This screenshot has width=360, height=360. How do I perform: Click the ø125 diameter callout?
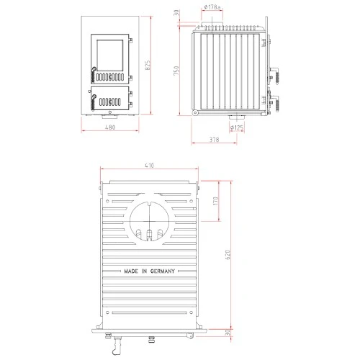tap(236, 127)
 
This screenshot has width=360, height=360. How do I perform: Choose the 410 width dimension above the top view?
tap(149, 166)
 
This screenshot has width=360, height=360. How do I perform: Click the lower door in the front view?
tap(110, 99)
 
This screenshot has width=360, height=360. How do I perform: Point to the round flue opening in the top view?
tap(149, 217)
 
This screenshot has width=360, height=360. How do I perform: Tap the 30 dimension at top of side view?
tap(176, 14)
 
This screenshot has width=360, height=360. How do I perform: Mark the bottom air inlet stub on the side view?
tap(235, 117)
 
